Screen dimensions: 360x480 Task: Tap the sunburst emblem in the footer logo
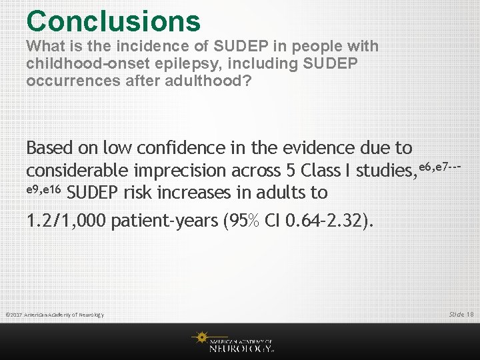[x=201, y=338]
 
